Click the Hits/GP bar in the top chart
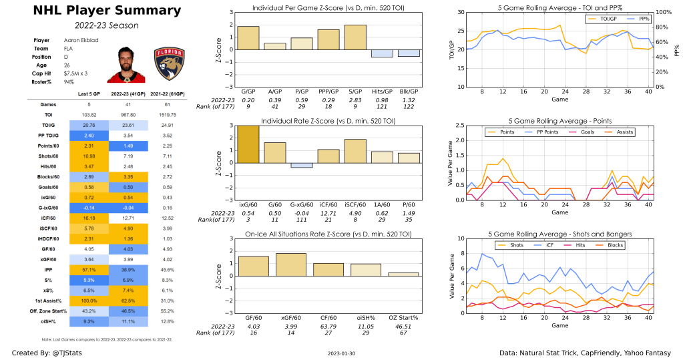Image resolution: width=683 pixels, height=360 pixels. click(x=383, y=53)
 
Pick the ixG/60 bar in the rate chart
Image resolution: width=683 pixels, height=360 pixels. click(x=248, y=144)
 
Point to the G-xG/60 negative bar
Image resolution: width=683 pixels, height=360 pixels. click(x=302, y=165)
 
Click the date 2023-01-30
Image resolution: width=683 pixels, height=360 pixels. click(x=343, y=353)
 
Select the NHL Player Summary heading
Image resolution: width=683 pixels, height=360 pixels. click(x=97, y=11)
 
